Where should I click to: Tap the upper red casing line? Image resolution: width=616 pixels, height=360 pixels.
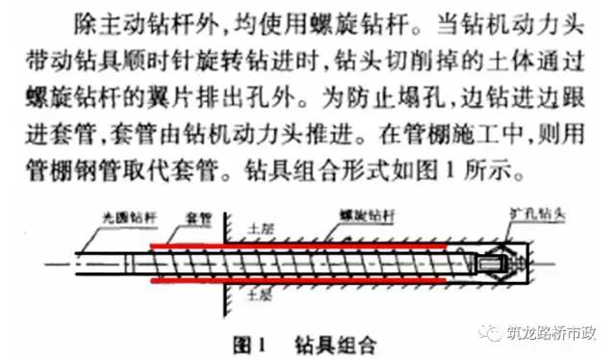coord(289,245)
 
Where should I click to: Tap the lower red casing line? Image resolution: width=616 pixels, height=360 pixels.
coord(289,285)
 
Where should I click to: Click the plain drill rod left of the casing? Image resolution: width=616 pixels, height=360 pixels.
coord(106,265)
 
